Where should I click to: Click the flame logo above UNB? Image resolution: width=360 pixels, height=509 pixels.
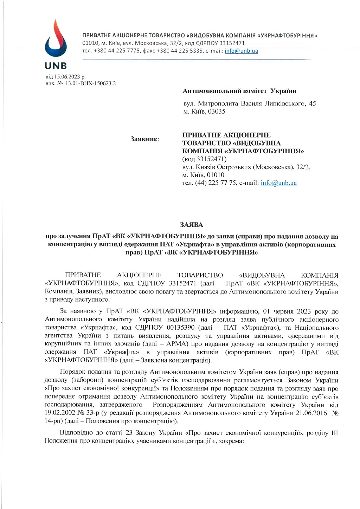pos(55,39)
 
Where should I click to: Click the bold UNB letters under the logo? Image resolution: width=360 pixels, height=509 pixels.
pos(56,66)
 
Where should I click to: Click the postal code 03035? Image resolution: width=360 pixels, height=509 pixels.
pos(217,111)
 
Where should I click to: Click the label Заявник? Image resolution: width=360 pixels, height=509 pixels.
pos(144,139)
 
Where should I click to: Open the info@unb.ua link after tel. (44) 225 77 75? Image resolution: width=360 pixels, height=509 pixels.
pos(278,183)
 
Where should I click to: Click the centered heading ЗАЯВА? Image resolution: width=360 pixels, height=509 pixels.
pos(192,225)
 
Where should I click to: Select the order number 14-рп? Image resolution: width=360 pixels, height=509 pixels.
pos(53,421)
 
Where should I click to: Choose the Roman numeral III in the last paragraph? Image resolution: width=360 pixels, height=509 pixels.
pos(334,433)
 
